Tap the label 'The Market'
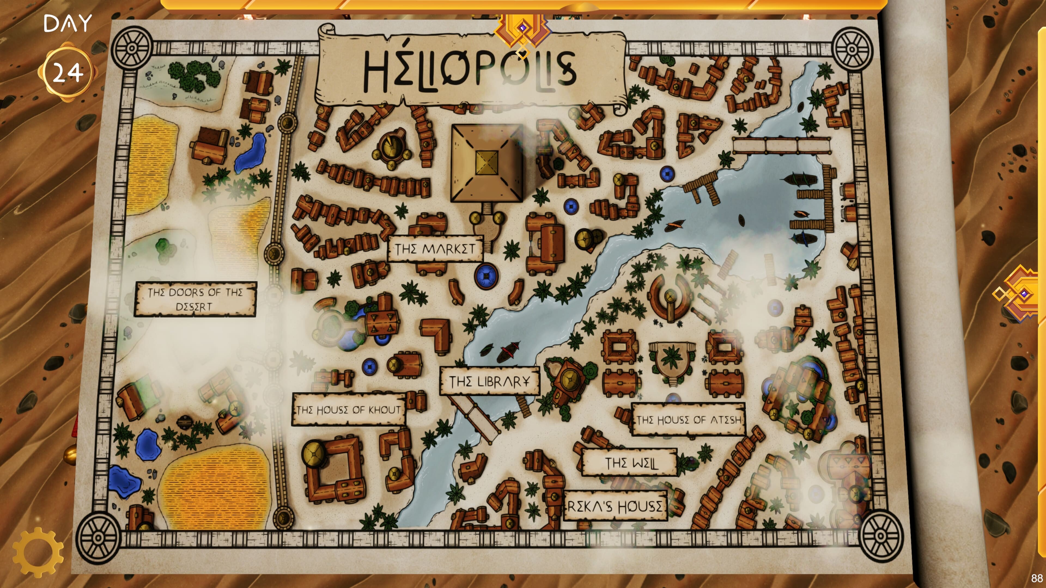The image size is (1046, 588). pos(435,248)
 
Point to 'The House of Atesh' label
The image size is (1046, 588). pos(689,419)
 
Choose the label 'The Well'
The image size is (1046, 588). pos(630,463)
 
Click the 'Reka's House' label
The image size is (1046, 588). pos(615,506)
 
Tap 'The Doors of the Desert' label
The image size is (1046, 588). pos(195,299)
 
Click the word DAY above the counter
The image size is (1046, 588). pos(68,23)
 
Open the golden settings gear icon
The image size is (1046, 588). pos(38,552)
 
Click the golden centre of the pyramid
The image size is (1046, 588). pos(486,162)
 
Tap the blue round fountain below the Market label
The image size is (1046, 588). pos(486,276)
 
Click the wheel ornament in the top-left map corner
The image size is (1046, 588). pos(132,48)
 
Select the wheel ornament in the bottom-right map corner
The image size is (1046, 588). pos(880,536)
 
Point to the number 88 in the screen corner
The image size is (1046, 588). pos(1037,578)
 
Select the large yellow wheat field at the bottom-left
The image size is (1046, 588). pos(215,487)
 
